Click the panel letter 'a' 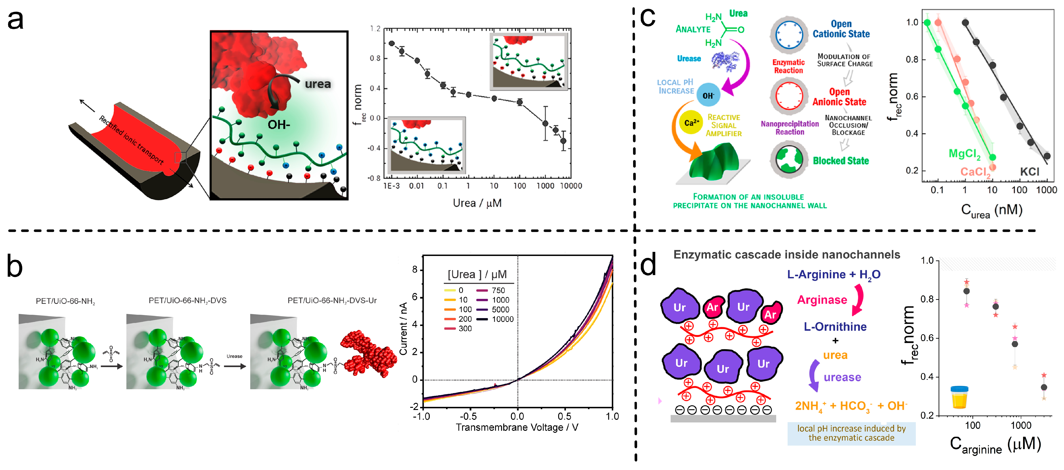(x=15, y=21)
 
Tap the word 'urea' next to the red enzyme (x=318, y=84)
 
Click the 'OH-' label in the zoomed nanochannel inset (x=279, y=124)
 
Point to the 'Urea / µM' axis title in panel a (x=477, y=203)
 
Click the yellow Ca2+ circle (x=691, y=123)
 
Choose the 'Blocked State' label (x=841, y=161)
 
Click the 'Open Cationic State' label (x=841, y=29)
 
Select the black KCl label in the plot (x=1029, y=171)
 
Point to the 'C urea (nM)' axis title (x=991, y=211)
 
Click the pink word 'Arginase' (x=822, y=300)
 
